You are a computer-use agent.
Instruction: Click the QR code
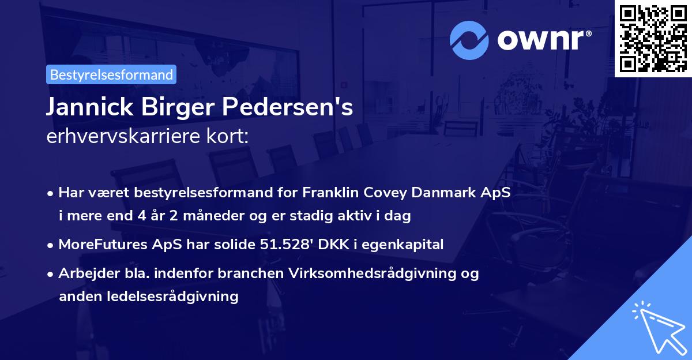click(653, 38)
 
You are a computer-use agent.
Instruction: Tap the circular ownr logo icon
click(469, 40)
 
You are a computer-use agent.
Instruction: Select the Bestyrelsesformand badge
click(111, 74)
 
